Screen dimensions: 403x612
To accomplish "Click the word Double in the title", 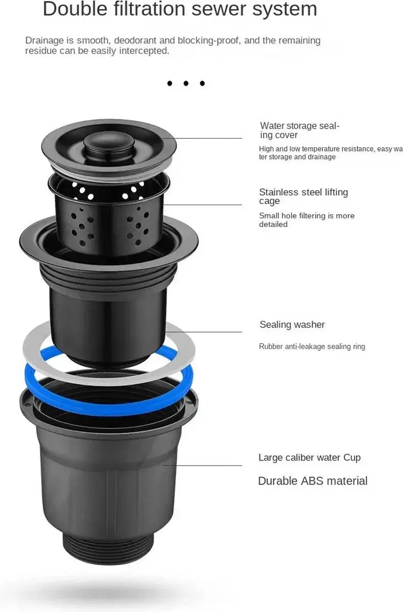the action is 75,9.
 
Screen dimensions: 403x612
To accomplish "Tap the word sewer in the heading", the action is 219,9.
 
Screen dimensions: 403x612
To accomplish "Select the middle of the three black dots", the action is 186,83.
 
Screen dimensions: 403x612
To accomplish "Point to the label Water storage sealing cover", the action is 299,131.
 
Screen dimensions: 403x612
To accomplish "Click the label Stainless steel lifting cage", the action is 303,196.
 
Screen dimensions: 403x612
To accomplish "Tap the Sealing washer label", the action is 292,324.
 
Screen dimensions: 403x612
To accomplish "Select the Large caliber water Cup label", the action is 310,457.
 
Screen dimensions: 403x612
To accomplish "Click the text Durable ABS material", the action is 313,481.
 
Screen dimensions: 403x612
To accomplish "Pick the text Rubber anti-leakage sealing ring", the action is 312,346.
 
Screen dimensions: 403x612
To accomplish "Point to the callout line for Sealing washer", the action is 204,332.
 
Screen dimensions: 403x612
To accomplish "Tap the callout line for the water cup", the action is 202,465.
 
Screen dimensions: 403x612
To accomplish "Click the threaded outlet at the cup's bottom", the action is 108,545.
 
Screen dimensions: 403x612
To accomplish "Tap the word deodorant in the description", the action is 135,40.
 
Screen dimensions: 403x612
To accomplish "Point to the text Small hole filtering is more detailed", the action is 306,220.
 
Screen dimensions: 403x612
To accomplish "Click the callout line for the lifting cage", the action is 203,205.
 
